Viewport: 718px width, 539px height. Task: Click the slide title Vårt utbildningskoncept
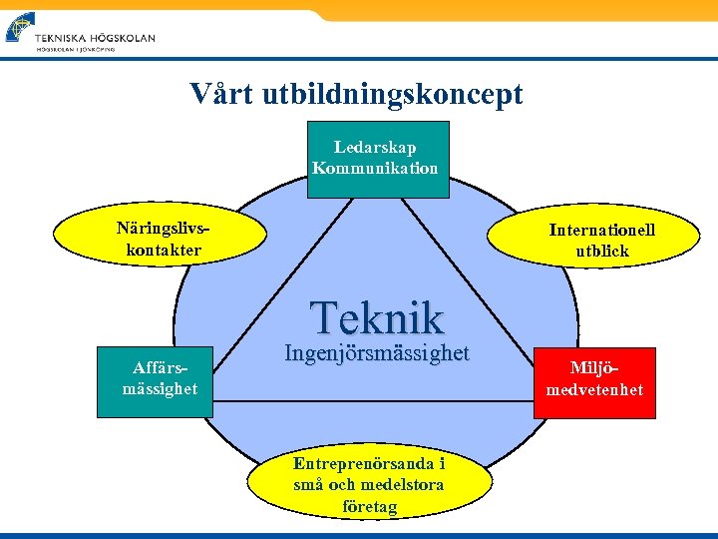click(356, 94)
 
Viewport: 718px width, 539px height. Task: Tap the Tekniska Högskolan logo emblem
click(19, 27)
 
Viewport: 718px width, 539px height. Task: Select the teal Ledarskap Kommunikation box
click(375, 159)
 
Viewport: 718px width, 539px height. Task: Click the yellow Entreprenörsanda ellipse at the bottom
click(369, 485)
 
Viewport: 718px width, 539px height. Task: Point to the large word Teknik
click(377, 317)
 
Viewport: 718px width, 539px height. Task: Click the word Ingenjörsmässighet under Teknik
click(376, 352)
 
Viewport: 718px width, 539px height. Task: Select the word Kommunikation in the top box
click(375, 168)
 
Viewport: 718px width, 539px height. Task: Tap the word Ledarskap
click(375, 148)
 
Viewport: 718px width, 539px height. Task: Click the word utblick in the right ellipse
click(602, 251)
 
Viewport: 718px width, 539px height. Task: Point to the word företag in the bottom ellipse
click(369, 507)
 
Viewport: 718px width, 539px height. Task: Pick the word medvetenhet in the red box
click(594, 389)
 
